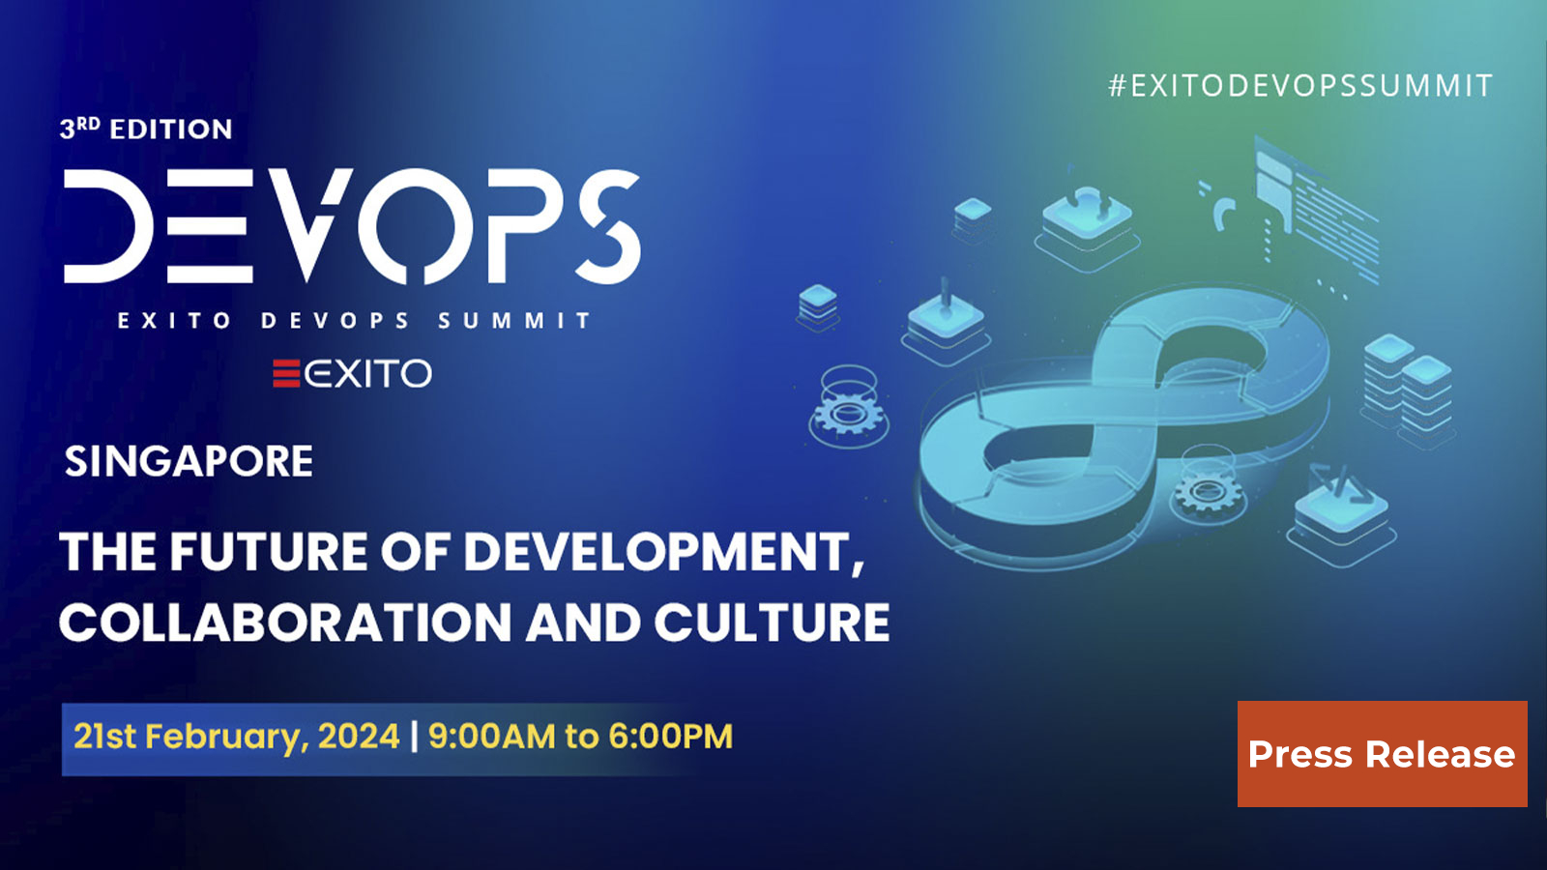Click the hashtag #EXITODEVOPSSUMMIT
1300,86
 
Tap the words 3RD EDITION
146,129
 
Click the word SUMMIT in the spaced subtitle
514,321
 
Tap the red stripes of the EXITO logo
286,373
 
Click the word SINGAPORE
189,461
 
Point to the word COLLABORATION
285,623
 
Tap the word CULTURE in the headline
772,623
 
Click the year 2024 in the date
359,737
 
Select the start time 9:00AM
492,737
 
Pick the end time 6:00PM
670,737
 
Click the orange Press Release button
1382,754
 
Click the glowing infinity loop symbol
1122,416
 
